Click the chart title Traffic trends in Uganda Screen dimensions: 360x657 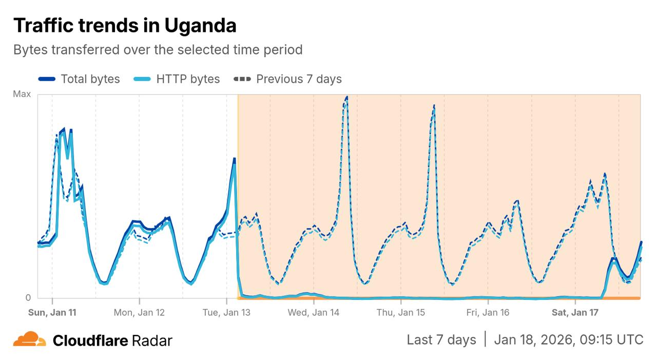point(125,25)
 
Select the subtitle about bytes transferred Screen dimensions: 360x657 point(158,50)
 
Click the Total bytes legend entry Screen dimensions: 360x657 point(79,79)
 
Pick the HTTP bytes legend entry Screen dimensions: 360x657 point(177,79)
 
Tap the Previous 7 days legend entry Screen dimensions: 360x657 point(288,79)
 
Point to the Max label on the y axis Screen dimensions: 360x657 point(22,94)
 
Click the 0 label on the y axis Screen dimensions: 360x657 point(28,298)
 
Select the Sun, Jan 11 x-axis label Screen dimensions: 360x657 point(52,312)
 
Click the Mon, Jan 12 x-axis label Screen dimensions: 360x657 point(139,312)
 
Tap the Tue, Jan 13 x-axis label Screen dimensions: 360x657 point(226,312)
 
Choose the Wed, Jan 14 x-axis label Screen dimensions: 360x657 point(313,312)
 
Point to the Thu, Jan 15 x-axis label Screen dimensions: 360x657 point(400,312)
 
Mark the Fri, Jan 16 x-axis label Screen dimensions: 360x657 point(488,312)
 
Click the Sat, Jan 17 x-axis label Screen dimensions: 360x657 point(575,312)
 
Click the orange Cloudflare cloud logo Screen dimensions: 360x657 point(30,339)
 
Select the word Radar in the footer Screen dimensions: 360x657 point(152,340)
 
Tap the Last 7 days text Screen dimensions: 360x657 point(441,339)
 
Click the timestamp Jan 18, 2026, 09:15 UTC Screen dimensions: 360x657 point(568,339)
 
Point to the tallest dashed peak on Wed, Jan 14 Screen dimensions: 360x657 point(346,97)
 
